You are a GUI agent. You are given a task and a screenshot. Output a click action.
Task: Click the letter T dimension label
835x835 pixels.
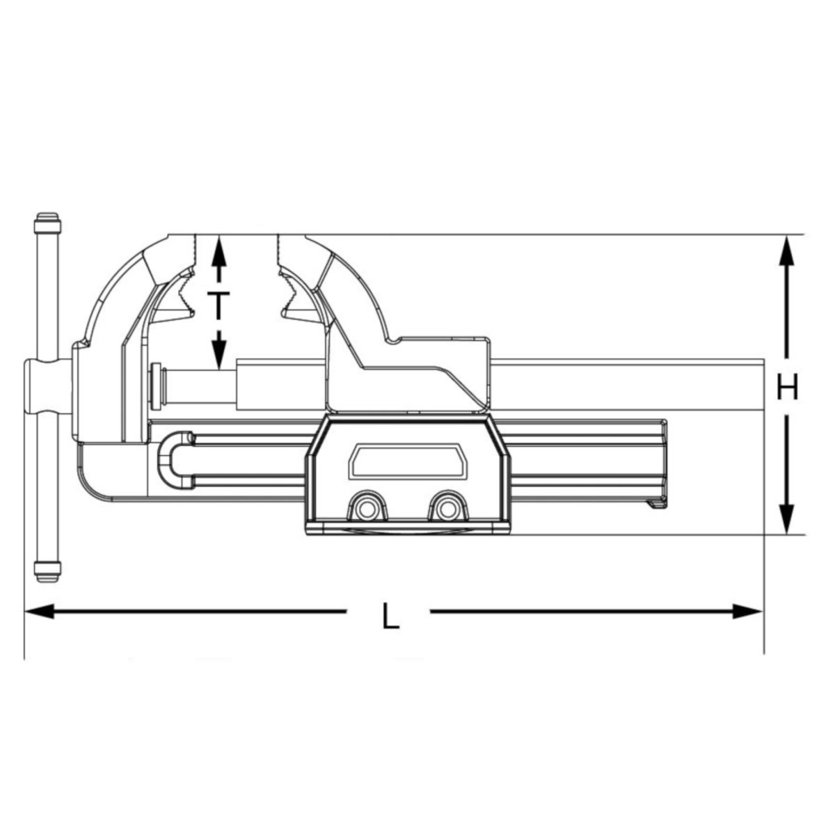point(219,305)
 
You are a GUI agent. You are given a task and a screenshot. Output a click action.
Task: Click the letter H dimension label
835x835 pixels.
point(787,388)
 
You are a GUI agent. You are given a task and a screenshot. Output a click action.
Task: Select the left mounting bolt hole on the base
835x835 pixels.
point(364,508)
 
